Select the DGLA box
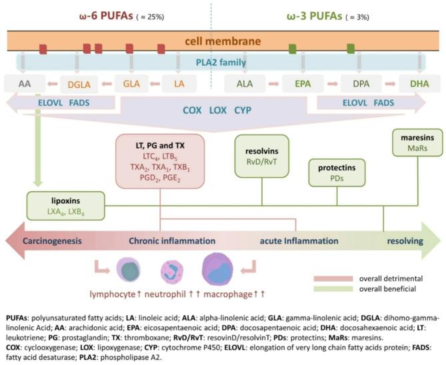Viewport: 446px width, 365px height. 79,85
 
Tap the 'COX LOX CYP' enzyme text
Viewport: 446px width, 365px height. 219,111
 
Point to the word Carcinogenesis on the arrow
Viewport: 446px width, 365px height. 54,240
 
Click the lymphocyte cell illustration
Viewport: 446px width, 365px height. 127,271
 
